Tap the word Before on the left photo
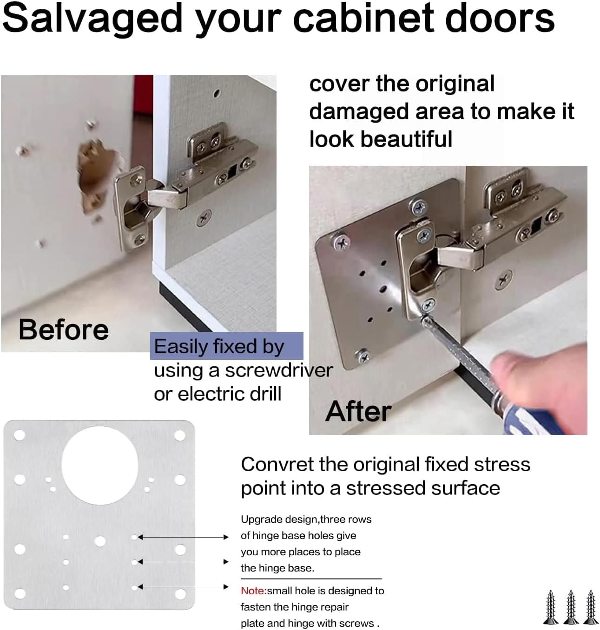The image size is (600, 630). (64, 330)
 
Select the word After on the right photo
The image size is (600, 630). (358, 411)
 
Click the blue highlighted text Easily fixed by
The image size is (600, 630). (219, 346)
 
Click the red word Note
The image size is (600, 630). (253, 591)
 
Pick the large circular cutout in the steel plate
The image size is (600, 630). (100, 466)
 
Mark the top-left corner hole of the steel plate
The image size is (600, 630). (20, 435)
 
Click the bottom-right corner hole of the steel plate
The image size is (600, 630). (180, 593)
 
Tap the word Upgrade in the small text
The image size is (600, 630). (256, 519)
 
